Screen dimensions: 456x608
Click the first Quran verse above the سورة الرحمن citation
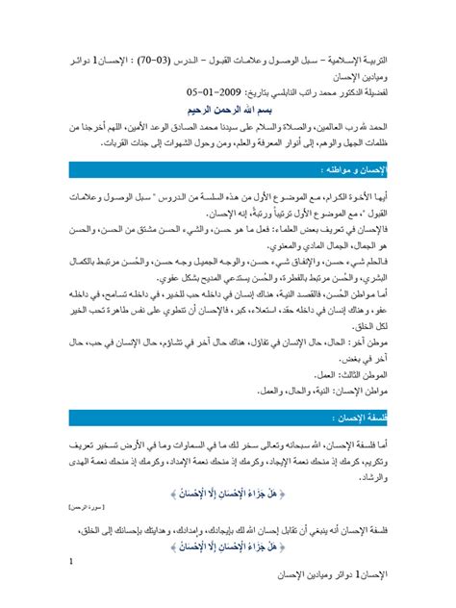(253, 488)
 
